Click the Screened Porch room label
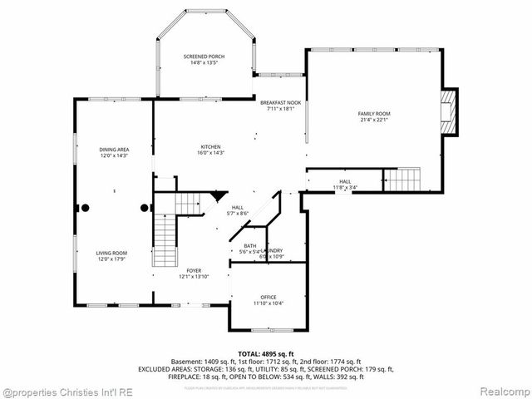click(204, 57)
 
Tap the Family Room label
click(374, 114)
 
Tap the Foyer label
click(194, 271)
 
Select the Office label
click(268, 298)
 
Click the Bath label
click(249, 245)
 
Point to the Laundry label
click(274, 250)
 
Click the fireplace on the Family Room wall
click(449, 112)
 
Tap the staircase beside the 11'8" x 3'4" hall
click(401, 179)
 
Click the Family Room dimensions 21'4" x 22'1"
click(374, 121)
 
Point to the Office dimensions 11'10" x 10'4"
click(268, 303)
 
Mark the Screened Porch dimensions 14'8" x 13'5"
click(204, 62)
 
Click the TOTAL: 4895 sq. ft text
click(266, 354)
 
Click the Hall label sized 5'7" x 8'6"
click(237, 211)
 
